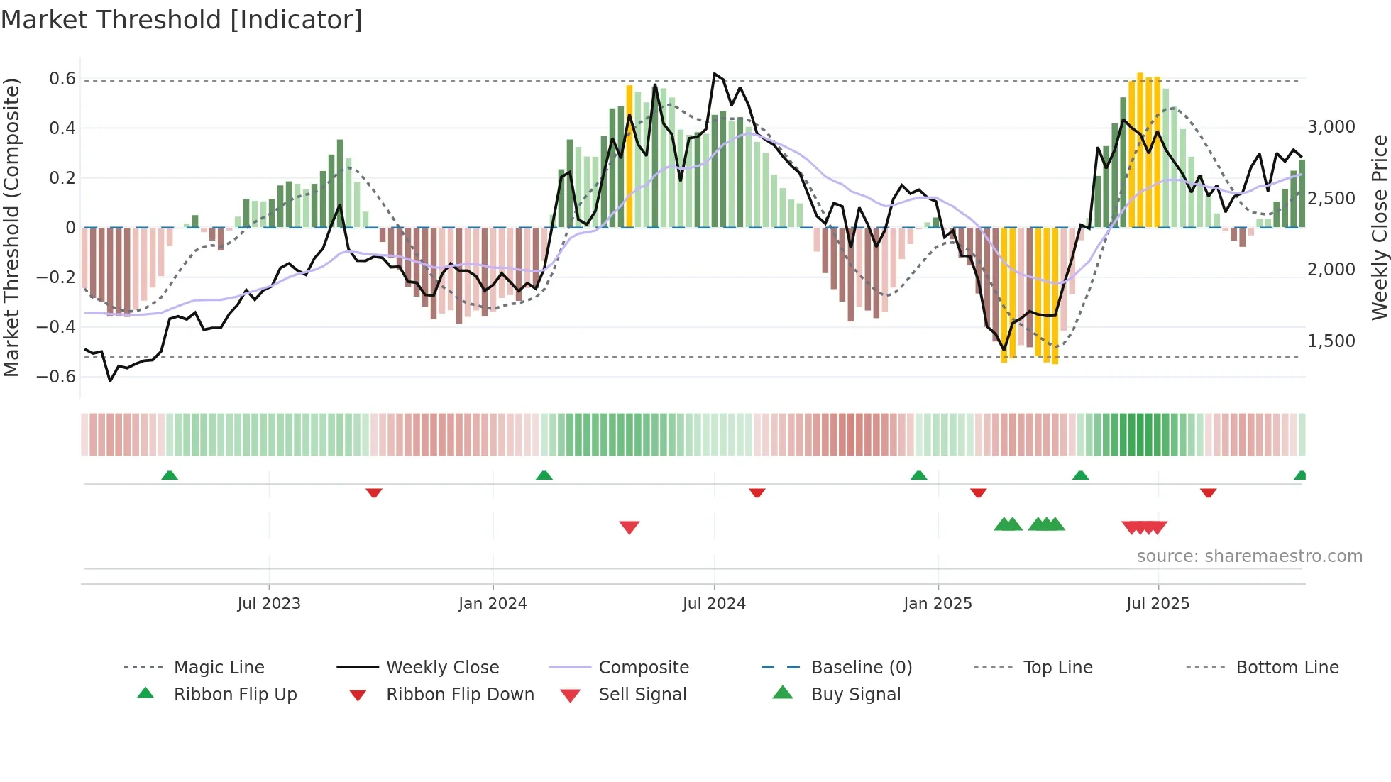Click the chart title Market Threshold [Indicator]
tap(182, 20)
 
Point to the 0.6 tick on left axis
tap(62, 79)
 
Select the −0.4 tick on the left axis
tap(56, 327)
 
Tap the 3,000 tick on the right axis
tap(1331, 127)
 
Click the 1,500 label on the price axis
tap(1331, 341)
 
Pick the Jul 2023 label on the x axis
tap(269, 604)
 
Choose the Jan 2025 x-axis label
tap(938, 604)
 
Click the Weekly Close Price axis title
tap(1379, 227)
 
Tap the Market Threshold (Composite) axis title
tap(11, 227)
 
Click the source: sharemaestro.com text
tap(1249, 556)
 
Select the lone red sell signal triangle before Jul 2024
tap(629, 527)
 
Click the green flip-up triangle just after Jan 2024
tap(544, 475)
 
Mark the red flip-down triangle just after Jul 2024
tap(757, 492)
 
